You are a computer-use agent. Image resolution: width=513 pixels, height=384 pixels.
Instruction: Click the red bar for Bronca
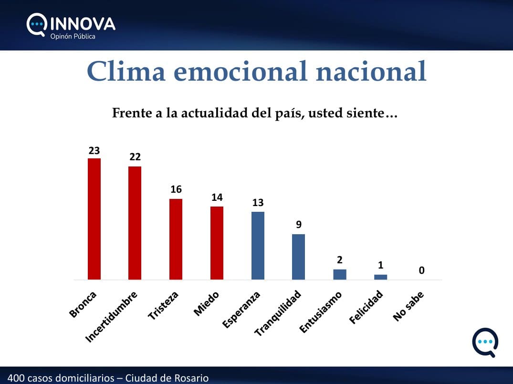94,219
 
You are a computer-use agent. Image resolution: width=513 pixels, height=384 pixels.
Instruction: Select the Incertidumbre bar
135,223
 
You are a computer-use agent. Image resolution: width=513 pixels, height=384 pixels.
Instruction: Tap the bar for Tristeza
176,239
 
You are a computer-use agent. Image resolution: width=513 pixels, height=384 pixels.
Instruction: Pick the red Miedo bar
217,243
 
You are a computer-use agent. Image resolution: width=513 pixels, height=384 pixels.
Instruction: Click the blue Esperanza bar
258,246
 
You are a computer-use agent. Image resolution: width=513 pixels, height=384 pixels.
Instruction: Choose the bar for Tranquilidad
298,257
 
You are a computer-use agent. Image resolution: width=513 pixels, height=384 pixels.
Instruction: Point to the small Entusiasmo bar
340,274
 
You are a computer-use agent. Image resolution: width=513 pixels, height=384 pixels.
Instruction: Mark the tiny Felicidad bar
380,277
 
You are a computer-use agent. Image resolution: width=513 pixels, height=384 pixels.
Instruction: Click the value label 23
94,150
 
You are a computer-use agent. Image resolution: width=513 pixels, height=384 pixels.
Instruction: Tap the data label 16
176,189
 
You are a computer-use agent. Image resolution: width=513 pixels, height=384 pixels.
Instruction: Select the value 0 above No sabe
422,270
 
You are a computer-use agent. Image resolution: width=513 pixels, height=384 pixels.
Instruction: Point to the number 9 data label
299,224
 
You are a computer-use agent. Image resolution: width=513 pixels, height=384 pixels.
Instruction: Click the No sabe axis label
408,306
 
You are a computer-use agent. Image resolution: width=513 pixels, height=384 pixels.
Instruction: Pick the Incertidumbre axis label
111,317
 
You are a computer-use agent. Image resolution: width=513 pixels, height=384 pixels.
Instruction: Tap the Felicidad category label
366,307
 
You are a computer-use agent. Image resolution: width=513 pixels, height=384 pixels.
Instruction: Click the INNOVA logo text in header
83,24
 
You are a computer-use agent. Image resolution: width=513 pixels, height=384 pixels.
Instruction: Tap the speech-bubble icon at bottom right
485,342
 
